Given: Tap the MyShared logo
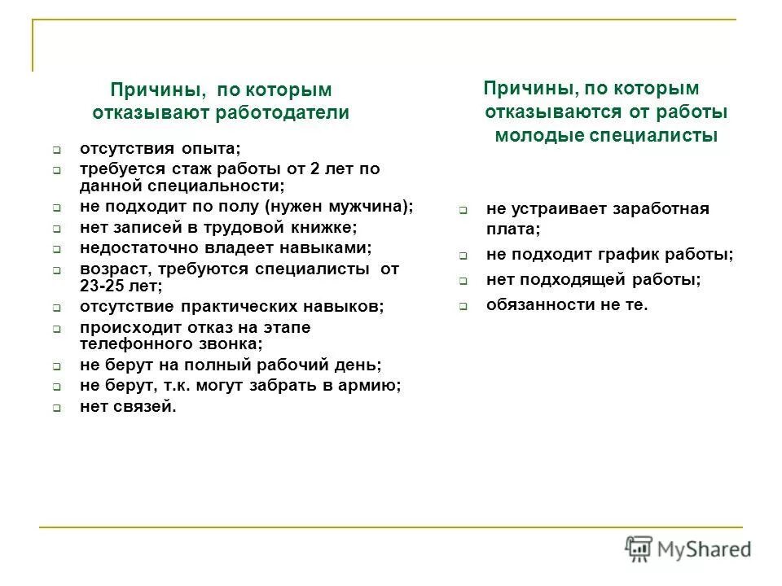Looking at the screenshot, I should click(x=688, y=549).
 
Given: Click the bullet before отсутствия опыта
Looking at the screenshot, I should click(x=58, y=151).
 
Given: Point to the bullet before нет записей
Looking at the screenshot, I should click(x=58, y=229).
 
